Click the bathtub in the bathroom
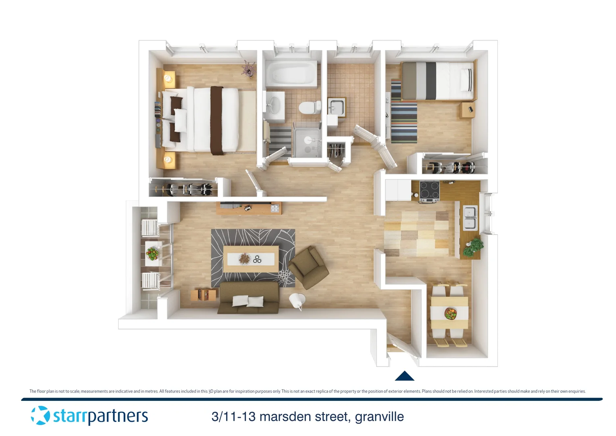291,73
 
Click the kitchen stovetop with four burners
429,191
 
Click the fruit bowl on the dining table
450,313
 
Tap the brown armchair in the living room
309,267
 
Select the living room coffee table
251,259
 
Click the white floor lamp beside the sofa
297,300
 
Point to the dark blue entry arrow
404,376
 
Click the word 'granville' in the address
379,417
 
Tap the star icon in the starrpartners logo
40,415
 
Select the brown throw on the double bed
217,120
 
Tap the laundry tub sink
336,107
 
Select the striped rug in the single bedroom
404,122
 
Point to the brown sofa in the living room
249,298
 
